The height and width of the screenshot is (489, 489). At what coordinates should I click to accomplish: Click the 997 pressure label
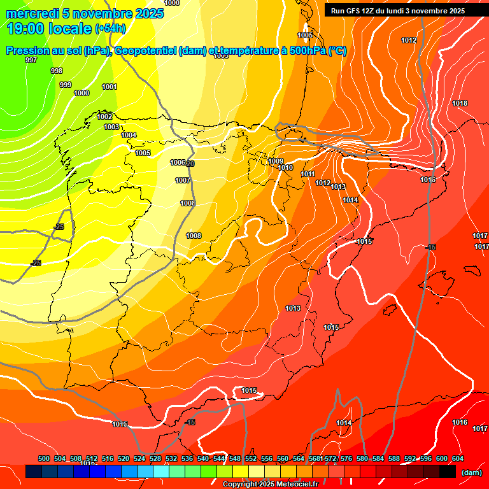(x=31, y=60)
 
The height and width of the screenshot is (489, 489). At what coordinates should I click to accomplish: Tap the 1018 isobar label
(x=460, y=103)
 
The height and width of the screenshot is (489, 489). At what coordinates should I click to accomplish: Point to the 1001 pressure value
(x=110, y=87)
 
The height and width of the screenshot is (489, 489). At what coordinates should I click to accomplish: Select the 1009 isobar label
(x=276, y=161)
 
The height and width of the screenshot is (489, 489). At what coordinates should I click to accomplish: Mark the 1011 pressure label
(x=308, y=174)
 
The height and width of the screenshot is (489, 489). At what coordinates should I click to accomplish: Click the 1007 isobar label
(x=183, y=180)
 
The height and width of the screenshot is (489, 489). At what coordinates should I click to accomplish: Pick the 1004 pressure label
(x=129, y=135)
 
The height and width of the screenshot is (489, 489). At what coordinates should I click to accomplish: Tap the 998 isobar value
(x=57, y=71)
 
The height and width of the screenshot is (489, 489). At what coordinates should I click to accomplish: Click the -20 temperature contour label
(x=190, y=164)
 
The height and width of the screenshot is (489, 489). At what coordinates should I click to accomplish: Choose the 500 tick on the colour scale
(x=44, y=458)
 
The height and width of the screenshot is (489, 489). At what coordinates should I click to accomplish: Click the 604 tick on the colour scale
(x=457, y=458)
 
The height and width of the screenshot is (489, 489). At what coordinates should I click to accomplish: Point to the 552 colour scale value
(x=251, y=458)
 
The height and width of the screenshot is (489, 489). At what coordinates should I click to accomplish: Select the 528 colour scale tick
(x=155, y=458)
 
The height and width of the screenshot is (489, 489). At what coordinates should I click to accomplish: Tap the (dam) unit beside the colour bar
(x=471, y=472)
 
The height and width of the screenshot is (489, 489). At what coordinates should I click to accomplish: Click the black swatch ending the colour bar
(x=448, y=471)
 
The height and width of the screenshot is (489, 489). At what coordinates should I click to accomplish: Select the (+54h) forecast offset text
(x=110, y=29)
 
